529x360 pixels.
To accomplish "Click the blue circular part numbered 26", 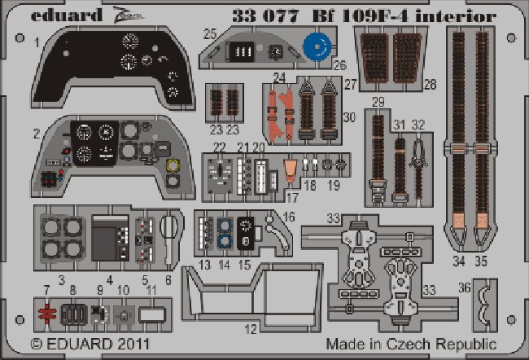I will [x=320, y=46].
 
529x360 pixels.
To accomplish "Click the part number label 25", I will [x=209, y=33].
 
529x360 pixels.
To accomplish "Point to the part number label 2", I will [x=37, y=131].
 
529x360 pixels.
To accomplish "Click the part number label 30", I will [x=350, y=117].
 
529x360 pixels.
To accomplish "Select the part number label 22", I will [x=219, y=147].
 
